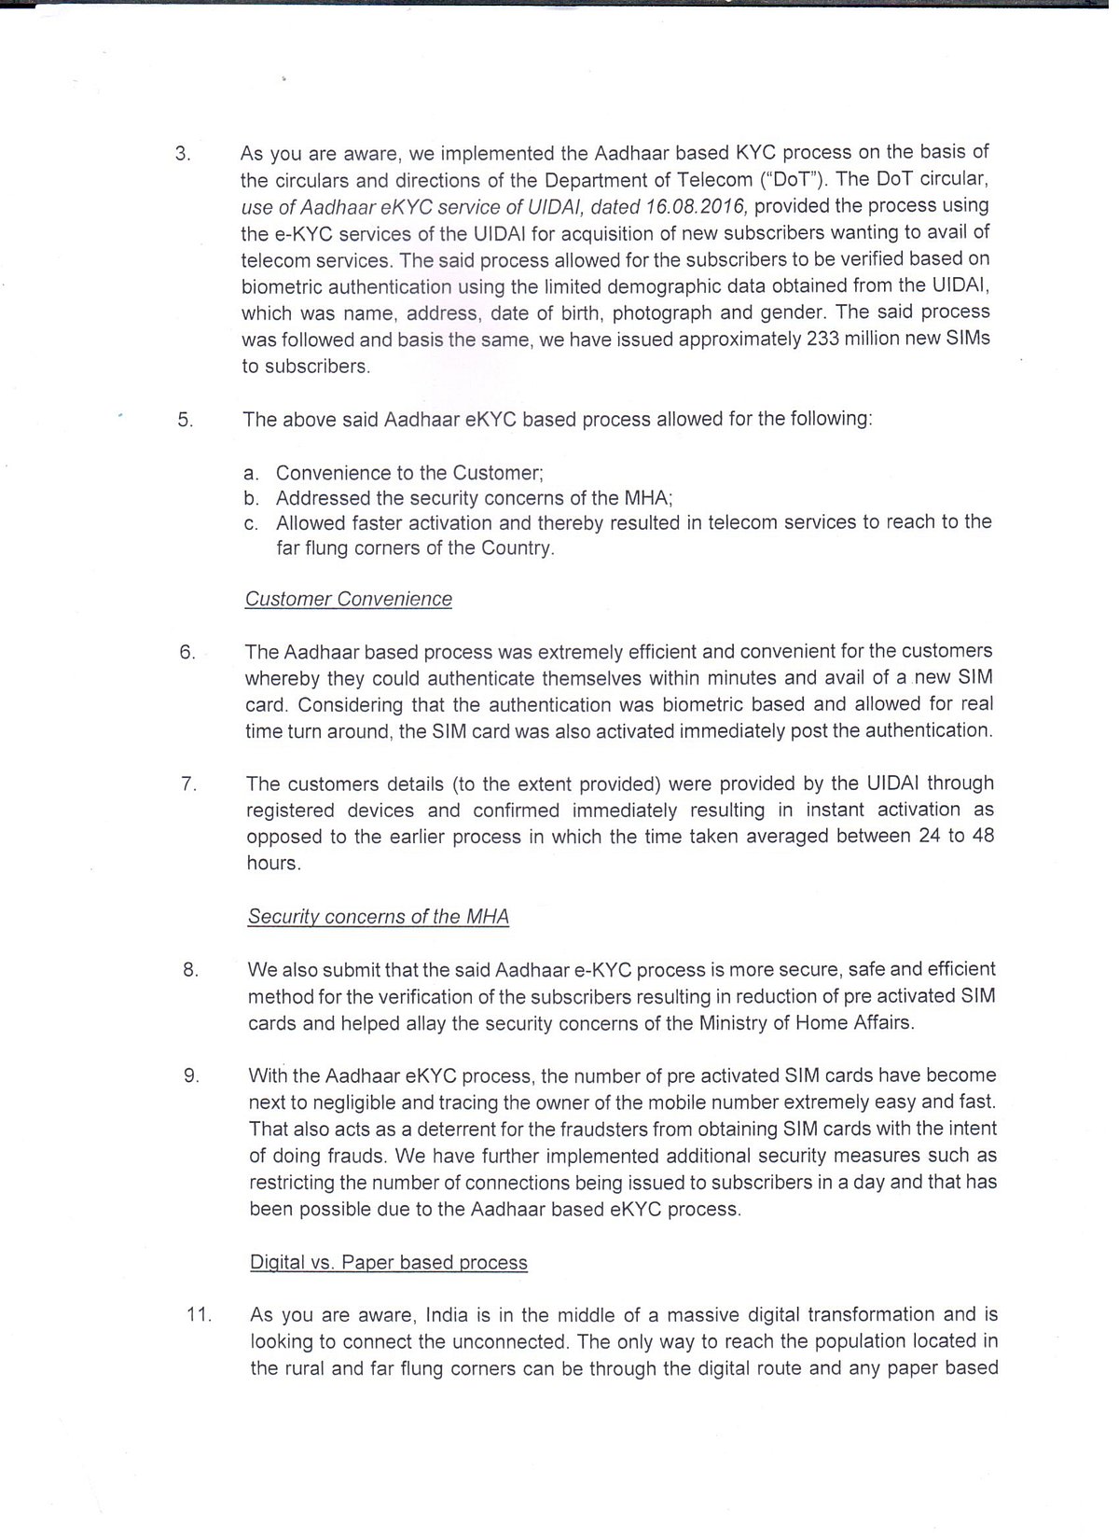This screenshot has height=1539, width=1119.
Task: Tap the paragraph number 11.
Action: click(x=199, y=1316)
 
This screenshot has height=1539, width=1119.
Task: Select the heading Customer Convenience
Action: click(x=348, y=600)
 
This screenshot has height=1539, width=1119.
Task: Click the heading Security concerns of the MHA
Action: click(x=378, y=917)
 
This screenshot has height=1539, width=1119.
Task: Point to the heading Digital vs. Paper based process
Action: click(x=388, y=1263)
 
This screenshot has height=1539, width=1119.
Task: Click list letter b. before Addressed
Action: click(x=251, y=499)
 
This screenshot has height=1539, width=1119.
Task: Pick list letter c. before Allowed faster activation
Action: click(x=251, y=523)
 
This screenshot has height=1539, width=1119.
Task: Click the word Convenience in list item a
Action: click(x=336, y=473)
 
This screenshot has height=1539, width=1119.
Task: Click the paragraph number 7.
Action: click(x=188, y=784)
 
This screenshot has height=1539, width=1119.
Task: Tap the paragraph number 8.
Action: click(x=191, y=970)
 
